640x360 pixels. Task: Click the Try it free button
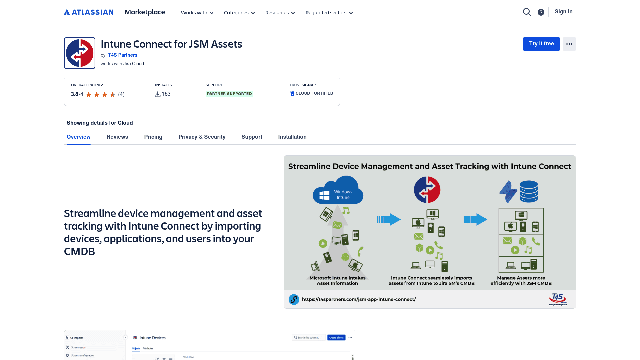click(541, 44)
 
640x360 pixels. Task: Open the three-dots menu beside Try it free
click(569, 44)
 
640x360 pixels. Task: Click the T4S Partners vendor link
click(123, 55)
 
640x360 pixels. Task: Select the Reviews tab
click(117, 137)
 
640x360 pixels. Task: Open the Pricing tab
click(153, 137)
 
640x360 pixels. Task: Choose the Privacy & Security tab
click(202, 137)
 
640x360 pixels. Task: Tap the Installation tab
click(292, 137)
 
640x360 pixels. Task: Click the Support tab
click(252, 137)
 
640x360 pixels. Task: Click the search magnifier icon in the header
click(527, 12)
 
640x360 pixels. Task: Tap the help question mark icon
click(541, 12)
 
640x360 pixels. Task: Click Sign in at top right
click(563, 12)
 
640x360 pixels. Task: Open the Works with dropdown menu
click(197, 13)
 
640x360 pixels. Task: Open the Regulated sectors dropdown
click(329, 13)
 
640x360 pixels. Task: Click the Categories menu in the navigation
click(239, 13)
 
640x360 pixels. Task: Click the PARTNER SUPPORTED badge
click(229, 94)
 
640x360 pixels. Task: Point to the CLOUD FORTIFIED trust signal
click(312, 93)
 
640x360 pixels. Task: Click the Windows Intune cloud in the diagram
click(338, 191)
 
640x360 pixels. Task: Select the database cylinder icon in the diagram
click(528, 191)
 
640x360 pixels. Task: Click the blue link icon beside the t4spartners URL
click(294, 299)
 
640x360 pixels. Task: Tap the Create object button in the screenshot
click(336, 338)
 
